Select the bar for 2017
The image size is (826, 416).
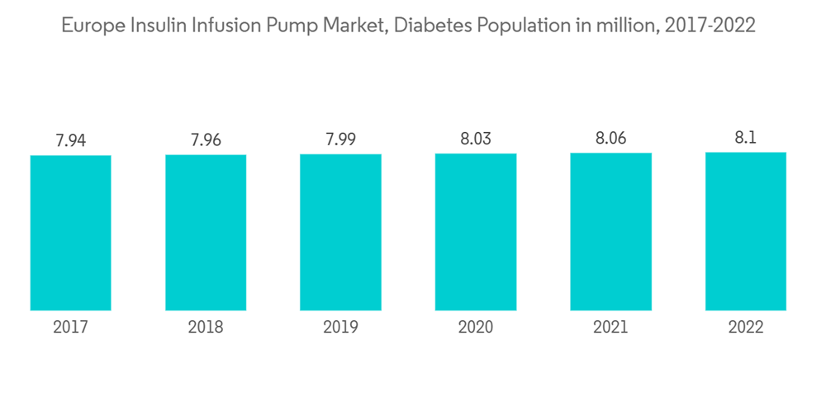[x=70, y=233]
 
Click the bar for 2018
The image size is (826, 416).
[x=206, y=233]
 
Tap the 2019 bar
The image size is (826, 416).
[x=340, y=232]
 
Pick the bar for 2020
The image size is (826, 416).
[x=476, y=232]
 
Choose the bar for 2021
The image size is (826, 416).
[x=610, y=232]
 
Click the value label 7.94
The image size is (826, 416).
[x=70, y=140]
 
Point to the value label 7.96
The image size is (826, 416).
[x=206, y=140]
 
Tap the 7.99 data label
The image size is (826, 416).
[x=340, y=139]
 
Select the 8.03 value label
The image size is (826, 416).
[x=476, y=139]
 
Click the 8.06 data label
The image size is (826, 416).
[x=610, y=139]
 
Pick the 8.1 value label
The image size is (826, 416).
[x=746, y=138]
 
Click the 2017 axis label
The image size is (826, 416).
[x=70, y=328]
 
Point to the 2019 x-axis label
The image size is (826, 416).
[x=340, y=328]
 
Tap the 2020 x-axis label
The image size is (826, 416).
[x=476, y=328]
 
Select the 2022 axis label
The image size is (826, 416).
[x=746, y=328]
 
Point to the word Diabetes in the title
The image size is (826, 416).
[x=430, y=26]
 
